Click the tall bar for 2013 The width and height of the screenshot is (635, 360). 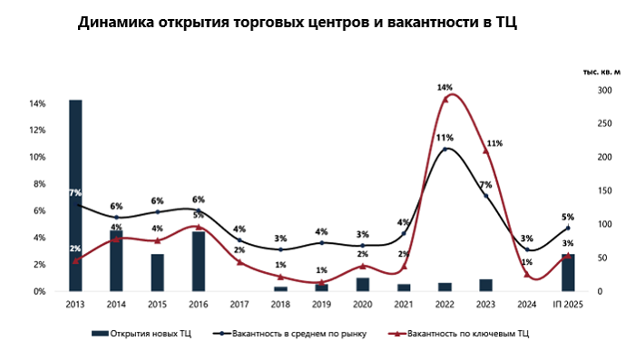[x=75, y=195]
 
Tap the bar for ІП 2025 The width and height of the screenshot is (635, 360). [x=568, y=272]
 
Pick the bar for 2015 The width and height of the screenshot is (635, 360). [x=157, y=272]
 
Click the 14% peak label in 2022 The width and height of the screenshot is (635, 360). [x=444, y=88]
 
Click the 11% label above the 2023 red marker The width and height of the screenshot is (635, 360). [x=494, y=143]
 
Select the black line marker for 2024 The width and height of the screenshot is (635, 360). [x=527, y=249]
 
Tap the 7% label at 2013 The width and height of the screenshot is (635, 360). [x=74, y=192]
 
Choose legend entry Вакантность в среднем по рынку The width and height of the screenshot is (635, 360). [x=294, y=335]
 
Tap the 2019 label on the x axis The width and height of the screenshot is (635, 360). [x=321, y=305]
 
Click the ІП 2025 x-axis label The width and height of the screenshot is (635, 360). [x=567, y=305]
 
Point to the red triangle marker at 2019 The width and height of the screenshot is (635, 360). [x=321, y=283]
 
